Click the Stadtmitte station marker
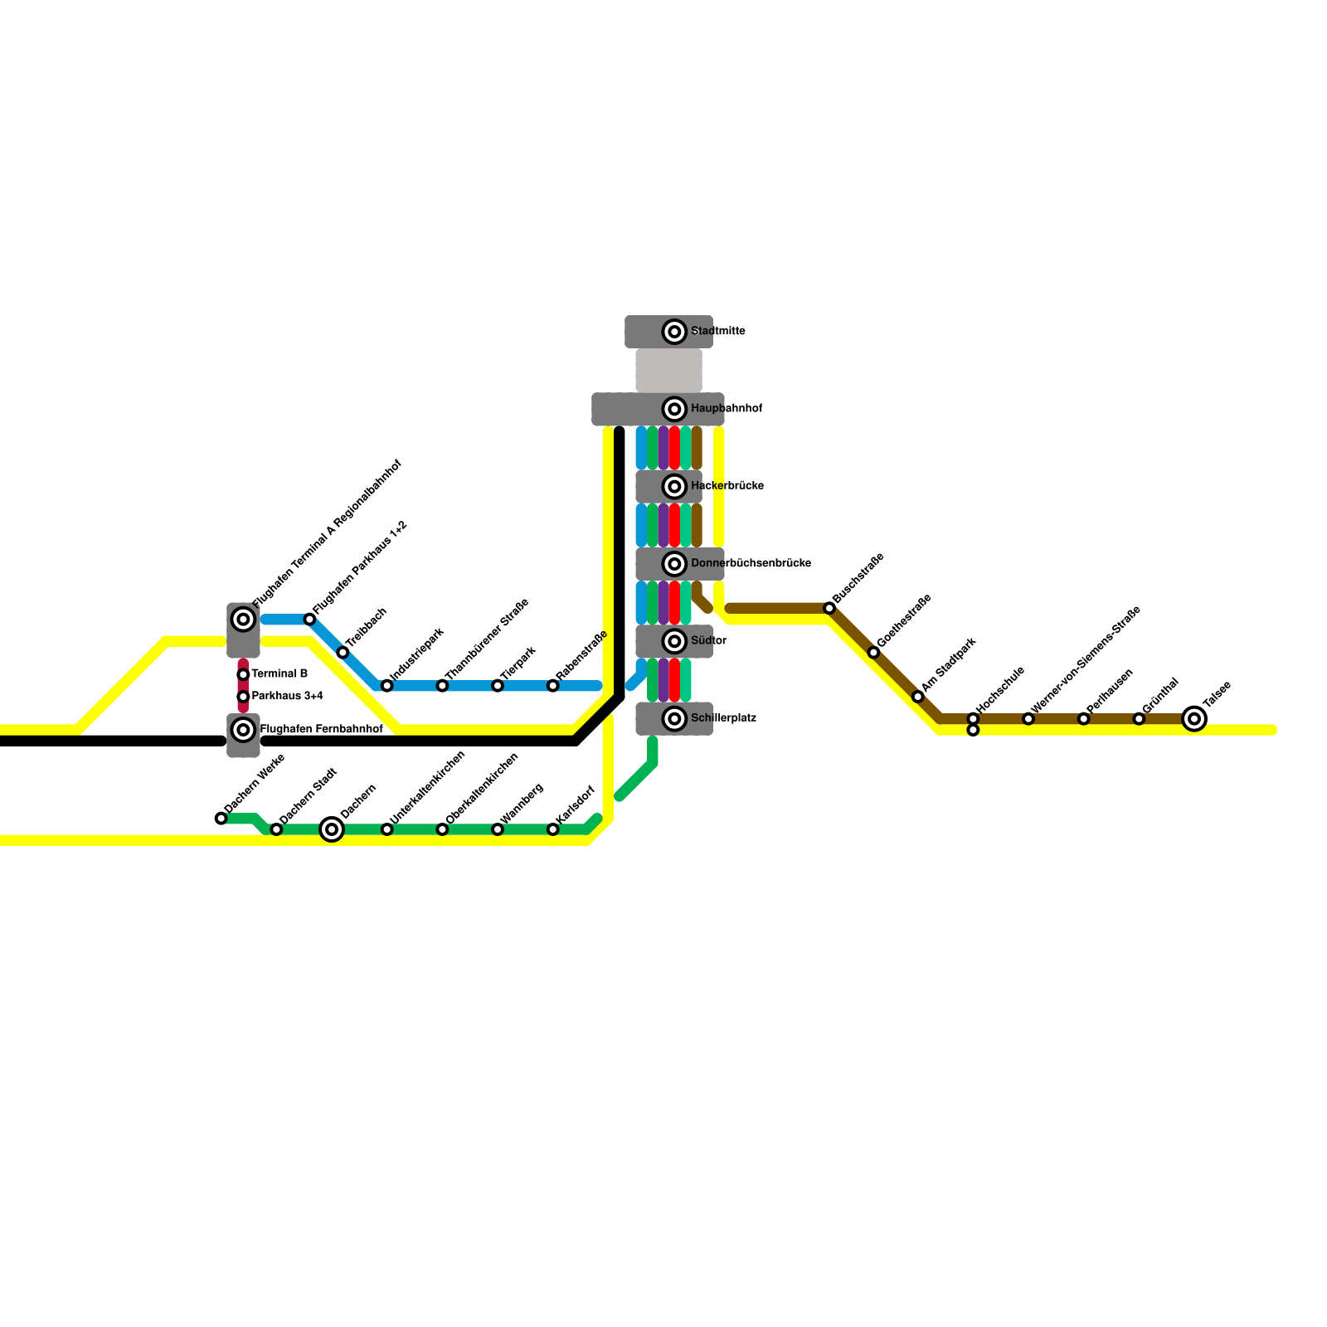pos(674,332)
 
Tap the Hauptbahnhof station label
pos(726,409)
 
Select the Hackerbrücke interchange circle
pos(674,486)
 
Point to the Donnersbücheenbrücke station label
pos(751,564)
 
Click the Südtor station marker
pos(674,641)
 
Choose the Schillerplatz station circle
pos(674,718)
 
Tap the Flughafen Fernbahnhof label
pos(321,730)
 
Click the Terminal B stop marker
pos(243,674)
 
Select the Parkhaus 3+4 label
pos(287,697)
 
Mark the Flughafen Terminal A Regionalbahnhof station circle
pos(243,619)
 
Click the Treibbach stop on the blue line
pos(343,653)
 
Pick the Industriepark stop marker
pos(386,686)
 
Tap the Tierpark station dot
pos(497,686)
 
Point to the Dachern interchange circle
pos(332,829)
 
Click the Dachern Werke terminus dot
pos(221,819)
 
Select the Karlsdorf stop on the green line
pos(552,829)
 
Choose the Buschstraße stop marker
pos(829,609)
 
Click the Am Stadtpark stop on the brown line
pos(917,697)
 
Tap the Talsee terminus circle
pos(1193,718)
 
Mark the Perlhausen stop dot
pos(1083,718)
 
